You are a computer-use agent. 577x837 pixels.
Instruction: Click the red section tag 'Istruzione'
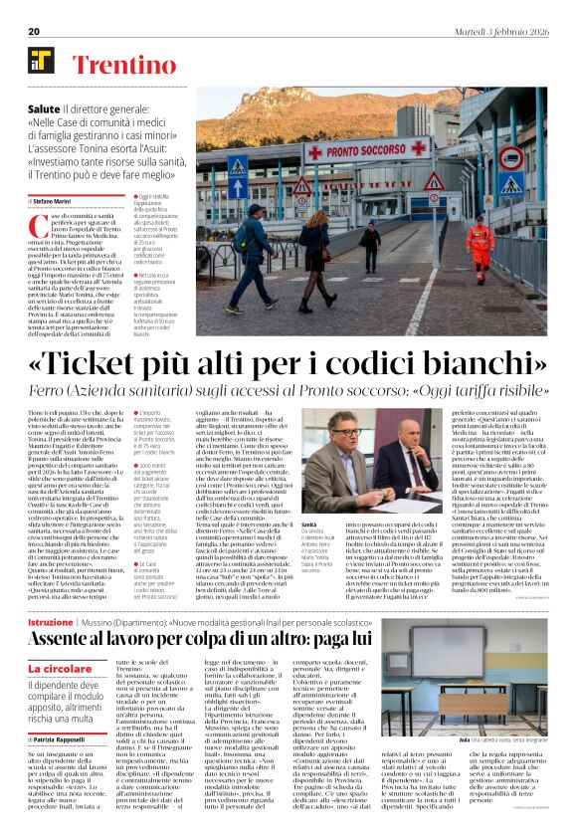click(51, 593)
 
